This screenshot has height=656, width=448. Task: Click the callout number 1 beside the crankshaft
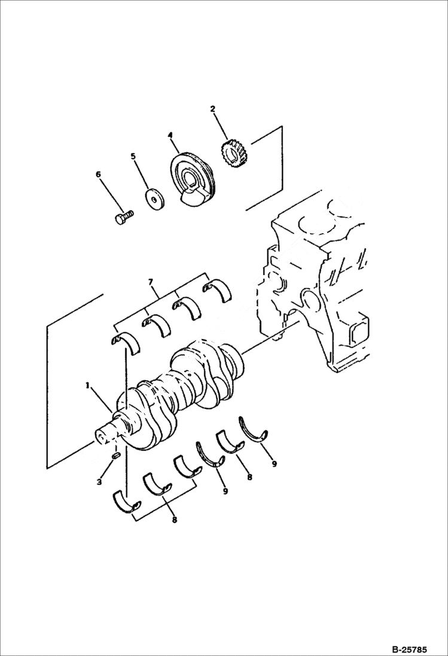87,386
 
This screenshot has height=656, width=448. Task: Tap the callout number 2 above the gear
212,109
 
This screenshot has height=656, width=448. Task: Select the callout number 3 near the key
100,482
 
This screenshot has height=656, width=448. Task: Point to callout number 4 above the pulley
170,136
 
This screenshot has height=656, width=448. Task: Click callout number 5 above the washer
133,157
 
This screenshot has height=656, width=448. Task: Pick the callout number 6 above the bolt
98,175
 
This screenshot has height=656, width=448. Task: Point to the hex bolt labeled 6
122,216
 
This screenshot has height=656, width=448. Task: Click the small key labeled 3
116,456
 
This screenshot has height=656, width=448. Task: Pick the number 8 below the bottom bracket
175,520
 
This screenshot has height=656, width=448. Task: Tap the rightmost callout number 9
274,463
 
